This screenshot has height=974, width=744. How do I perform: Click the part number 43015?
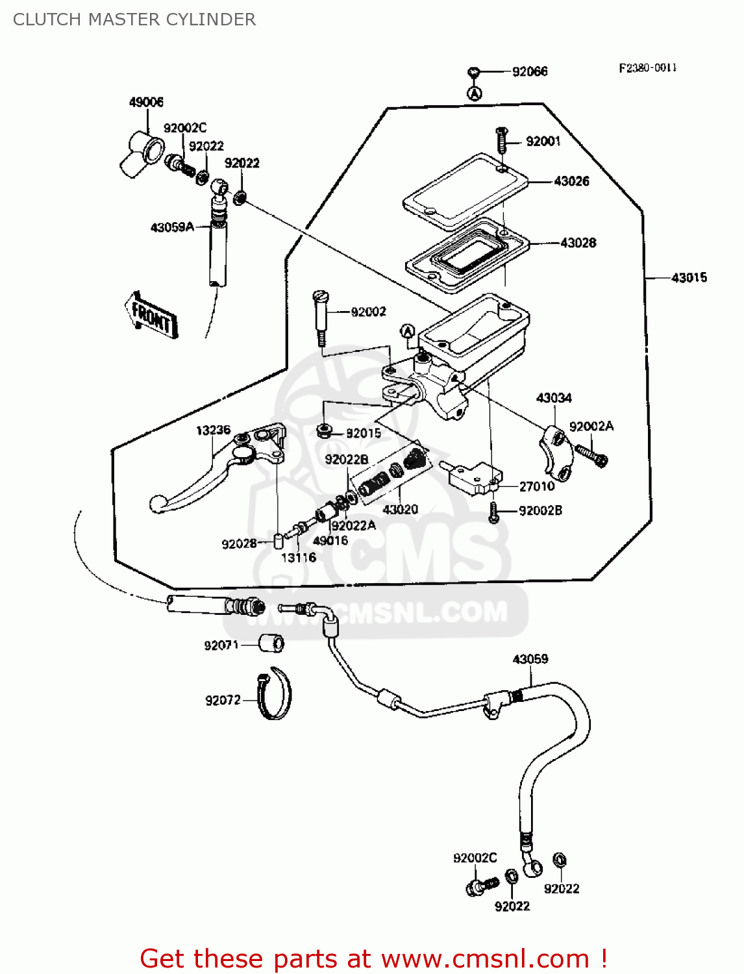(689, 278)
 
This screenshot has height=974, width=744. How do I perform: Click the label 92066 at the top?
(530, 71)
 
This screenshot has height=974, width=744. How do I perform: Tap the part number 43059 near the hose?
(530, 659)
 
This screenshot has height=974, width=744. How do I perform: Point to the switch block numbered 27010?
(474, 477)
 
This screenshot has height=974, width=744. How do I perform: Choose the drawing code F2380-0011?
(647, 68)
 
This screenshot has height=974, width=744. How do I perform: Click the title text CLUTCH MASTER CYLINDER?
(134, 19)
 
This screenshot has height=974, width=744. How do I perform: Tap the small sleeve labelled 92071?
(271, 643)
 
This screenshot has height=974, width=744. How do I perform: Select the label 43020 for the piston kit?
(401, 510)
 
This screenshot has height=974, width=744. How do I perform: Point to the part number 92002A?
(591, 427)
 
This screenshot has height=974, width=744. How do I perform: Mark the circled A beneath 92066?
(475, 94)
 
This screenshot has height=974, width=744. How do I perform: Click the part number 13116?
(299, 557)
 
